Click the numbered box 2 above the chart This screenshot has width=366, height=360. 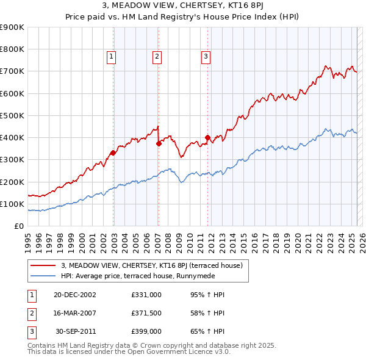click(x=157, y=57)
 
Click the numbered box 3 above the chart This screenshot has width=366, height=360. click(x=206, y=57)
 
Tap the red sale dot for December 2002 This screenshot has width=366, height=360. click(x=113, y=153)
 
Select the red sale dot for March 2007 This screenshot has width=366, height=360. click(x=159, y=144)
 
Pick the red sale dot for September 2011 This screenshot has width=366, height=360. click(x=208, y=138)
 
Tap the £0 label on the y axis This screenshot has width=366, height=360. click(x=19, y=226)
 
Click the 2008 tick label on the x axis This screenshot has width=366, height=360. click(x=169, y=240)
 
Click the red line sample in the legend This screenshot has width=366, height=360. click(x=43, y=265)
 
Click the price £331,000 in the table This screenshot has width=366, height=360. click(x=146, y=295)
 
